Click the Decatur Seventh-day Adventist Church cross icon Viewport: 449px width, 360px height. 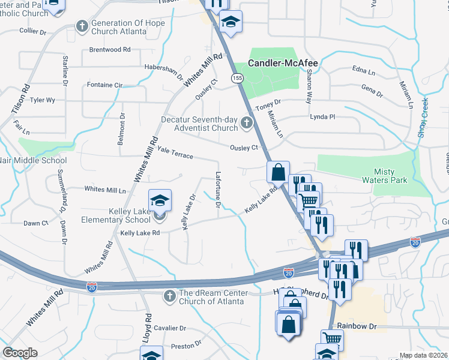(246, 124)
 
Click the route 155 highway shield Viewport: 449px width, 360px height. (238, 77)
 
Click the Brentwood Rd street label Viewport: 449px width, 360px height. (110, 50)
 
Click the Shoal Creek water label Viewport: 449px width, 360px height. (423, 118)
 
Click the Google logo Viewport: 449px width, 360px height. (20, 353)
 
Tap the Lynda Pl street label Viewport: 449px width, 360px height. (322, 116)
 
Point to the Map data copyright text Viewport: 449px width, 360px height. (423, 355)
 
